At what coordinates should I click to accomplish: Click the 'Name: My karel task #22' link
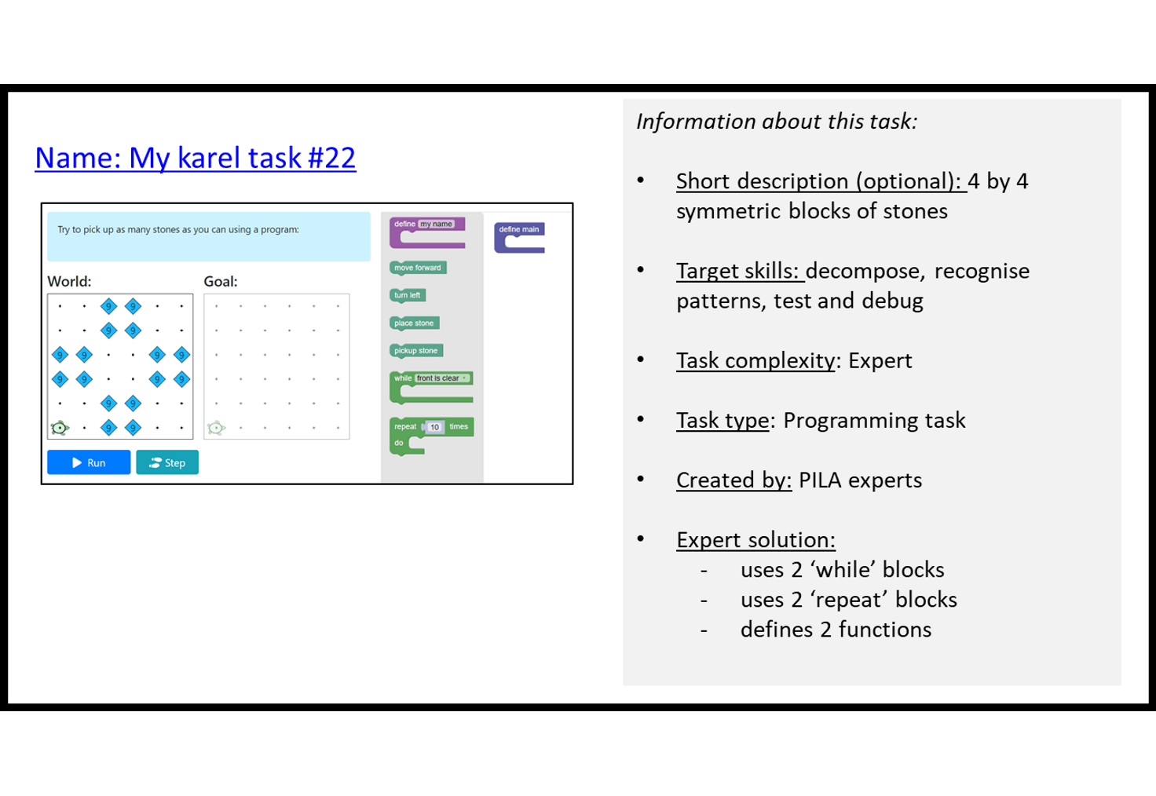click(x=195, y=158)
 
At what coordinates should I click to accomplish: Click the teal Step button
click(x=167, y=462)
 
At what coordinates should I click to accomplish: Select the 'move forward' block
click(x=418, y=268)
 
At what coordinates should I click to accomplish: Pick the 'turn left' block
click(x=407, y=295)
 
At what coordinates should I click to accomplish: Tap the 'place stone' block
click(x=414, y=323)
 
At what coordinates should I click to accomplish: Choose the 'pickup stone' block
click(x=415, y=350)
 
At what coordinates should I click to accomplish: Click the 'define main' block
click(x=518, y=229)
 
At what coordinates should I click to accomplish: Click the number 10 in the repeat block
click(x=434, y=427)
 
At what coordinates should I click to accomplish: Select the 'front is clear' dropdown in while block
click(x=441, y=378)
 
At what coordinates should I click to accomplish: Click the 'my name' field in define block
click(x=436, y=224)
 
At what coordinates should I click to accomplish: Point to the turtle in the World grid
click(x=60, y=428)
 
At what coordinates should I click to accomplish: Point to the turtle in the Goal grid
click(x=216, y=428)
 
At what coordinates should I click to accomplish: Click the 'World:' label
click(x=69, y=281)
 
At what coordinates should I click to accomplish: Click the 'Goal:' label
click(x=220, y=281)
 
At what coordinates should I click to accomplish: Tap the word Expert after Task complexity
click(x=880, y=360)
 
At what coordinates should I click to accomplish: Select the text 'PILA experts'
click(x=860, y=480)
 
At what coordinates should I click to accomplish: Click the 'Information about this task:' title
click(x=776, y=122)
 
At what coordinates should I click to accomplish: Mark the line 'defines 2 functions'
click(x=835, y=630)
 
